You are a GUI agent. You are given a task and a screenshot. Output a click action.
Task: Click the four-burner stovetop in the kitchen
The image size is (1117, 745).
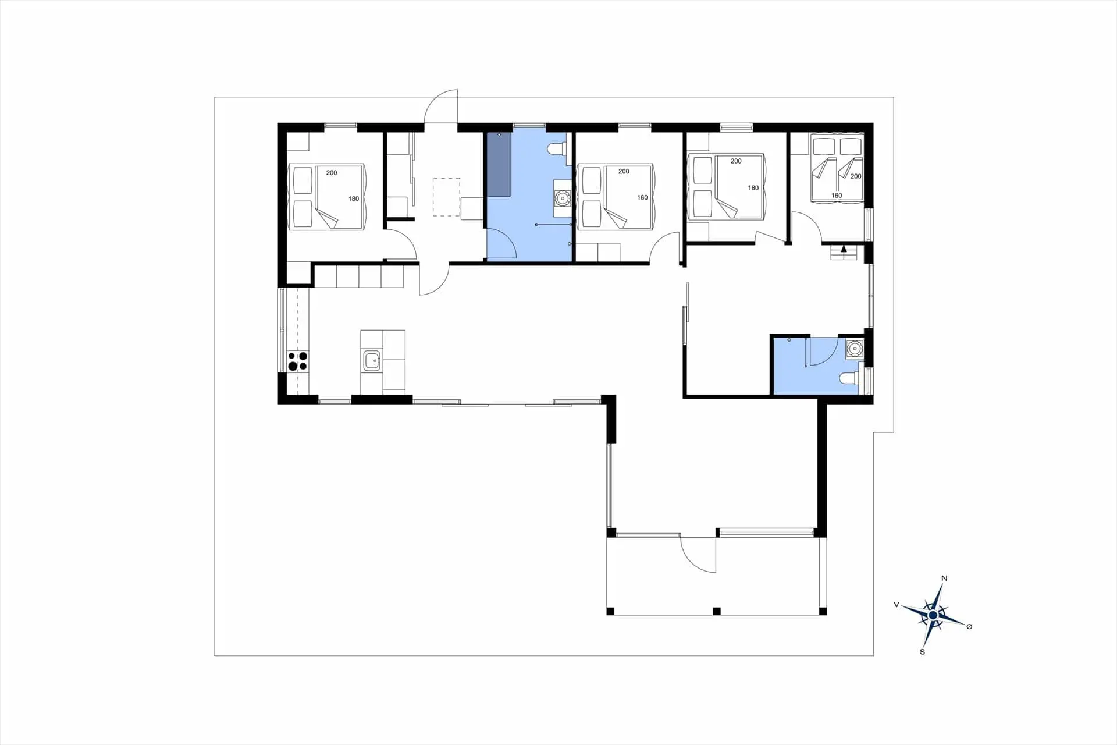[297, 361]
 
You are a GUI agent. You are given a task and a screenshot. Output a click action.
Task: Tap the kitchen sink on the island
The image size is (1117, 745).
[372, 361]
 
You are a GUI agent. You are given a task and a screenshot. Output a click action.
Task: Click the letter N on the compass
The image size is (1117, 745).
[944, 578]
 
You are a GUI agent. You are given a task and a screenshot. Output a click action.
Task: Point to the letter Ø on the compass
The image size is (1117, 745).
[969, 626]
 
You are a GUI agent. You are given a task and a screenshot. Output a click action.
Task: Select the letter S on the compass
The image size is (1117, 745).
[922, 652]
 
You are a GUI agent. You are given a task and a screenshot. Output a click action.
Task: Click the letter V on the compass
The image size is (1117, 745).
[897, 605]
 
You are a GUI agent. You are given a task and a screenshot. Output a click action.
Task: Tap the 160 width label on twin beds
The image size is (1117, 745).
[837, 196]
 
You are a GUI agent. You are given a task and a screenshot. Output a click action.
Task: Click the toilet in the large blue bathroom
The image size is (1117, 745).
[556, 150]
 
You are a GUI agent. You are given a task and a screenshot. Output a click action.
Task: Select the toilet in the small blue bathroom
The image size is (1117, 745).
[849, 379]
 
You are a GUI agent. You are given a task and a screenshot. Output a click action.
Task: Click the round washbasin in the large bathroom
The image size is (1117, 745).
[563, 198]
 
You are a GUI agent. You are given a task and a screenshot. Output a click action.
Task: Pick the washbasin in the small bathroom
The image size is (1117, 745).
[854, 349]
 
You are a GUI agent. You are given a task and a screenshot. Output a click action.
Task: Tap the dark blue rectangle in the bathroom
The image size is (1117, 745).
[499, 165]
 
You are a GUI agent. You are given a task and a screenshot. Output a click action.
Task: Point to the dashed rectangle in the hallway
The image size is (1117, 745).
[446, 197]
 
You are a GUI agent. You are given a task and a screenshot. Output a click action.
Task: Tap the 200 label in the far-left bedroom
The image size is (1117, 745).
[332, 173]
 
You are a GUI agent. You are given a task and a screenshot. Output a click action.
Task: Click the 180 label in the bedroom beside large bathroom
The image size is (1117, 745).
[642, 197]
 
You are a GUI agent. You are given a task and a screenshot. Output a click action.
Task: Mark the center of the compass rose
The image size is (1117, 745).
[933, 615]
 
